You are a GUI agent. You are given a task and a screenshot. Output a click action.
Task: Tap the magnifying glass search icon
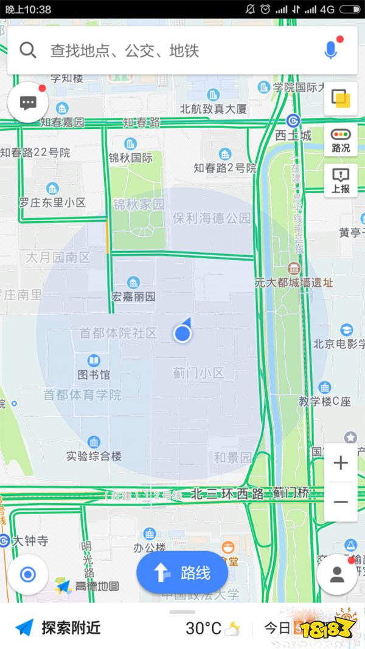click(28, 50)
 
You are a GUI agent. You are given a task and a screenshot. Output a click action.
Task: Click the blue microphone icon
click(330, 50)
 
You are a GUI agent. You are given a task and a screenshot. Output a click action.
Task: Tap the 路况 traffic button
click(341, 140)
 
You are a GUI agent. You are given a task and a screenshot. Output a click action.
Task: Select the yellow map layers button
click(341, 98)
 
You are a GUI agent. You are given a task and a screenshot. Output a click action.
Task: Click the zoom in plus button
click(341, 463)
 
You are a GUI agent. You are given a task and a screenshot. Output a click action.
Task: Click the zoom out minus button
click(341, 502)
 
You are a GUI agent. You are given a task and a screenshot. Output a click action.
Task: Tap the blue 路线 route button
click(182, 572)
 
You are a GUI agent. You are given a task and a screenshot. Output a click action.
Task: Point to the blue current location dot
click(182, 333)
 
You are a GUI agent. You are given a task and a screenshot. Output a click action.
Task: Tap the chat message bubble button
click(28, 103)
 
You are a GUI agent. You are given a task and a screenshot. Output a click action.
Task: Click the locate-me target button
click(28, 574)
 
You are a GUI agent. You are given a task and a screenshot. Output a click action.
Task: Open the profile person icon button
click(337, 574)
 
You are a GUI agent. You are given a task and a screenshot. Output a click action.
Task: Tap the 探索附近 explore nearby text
click(71, 628)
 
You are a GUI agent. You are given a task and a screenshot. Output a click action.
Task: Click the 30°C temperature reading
click(204, 628)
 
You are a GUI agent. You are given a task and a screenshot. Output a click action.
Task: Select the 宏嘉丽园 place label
click(133, 297)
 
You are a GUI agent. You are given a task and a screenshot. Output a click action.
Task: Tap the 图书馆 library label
click(94, 374)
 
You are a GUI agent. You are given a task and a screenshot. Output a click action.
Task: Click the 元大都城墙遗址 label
click(294, 283)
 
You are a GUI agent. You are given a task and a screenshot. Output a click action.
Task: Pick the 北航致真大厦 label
click(213, 109)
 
